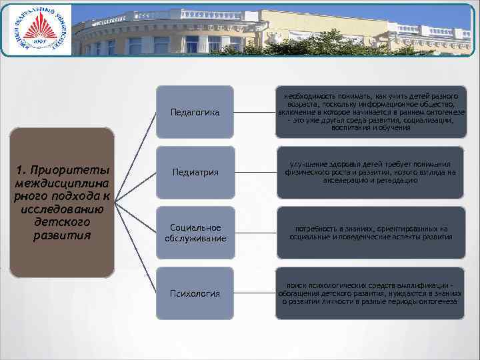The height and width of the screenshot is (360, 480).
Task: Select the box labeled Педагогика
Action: pyautogui.click(x=195, y=112)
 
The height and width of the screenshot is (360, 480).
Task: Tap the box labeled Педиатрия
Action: pyautogui.click(x=195, y=173)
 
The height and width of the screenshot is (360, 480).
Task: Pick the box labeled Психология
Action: pyautogui.click(x=195, y=293)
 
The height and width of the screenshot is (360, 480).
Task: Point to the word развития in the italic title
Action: pyautogui.click(x=61, y=235)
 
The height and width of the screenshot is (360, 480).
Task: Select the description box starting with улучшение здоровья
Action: pyautogui.click(x=371, y=173)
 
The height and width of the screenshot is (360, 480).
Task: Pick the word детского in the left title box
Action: pyautogui.click(x=61, y=221)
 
